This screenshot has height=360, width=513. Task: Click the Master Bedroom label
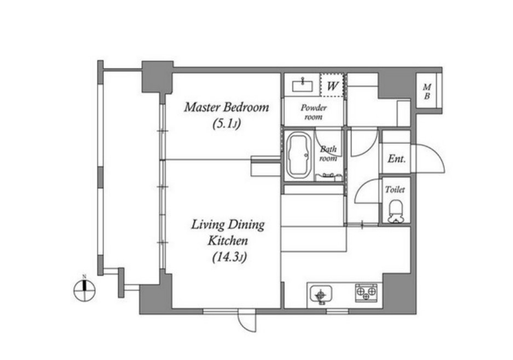pyautogui.click(x=227, y=107)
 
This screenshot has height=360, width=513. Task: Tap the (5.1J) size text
pyautogui.click(x=227, y=124)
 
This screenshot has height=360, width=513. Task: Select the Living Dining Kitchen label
pyautogui.click(x=228, y=232)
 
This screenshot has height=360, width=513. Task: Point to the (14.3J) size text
pyautogui.click(x=229, y=257)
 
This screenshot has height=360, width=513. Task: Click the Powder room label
pyautogui.click(x=314, y=112)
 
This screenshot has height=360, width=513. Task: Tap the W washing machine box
pyautogui.click(x=332, y=85)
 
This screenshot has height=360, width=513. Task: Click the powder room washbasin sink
pyautogui.click(x=302, y=85)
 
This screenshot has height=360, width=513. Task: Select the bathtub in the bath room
pyautogui.click(x=298, y=156)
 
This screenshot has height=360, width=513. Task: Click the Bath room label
pyautogui.click(x=328, y=153)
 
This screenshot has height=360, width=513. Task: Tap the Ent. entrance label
pyautogui.click(x=396, y=159)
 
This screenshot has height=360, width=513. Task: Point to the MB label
pyautogui.click(x=427, y=92)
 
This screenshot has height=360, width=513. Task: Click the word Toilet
pyautogui.click(x=395, y=190)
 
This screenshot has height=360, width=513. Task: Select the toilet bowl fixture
pyautogui.click(x=396, y=212)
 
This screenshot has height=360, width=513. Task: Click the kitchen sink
pyautogui.click(x=321, y=294)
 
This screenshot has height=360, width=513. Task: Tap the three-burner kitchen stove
pyautogui.click(x=366, y=293)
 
